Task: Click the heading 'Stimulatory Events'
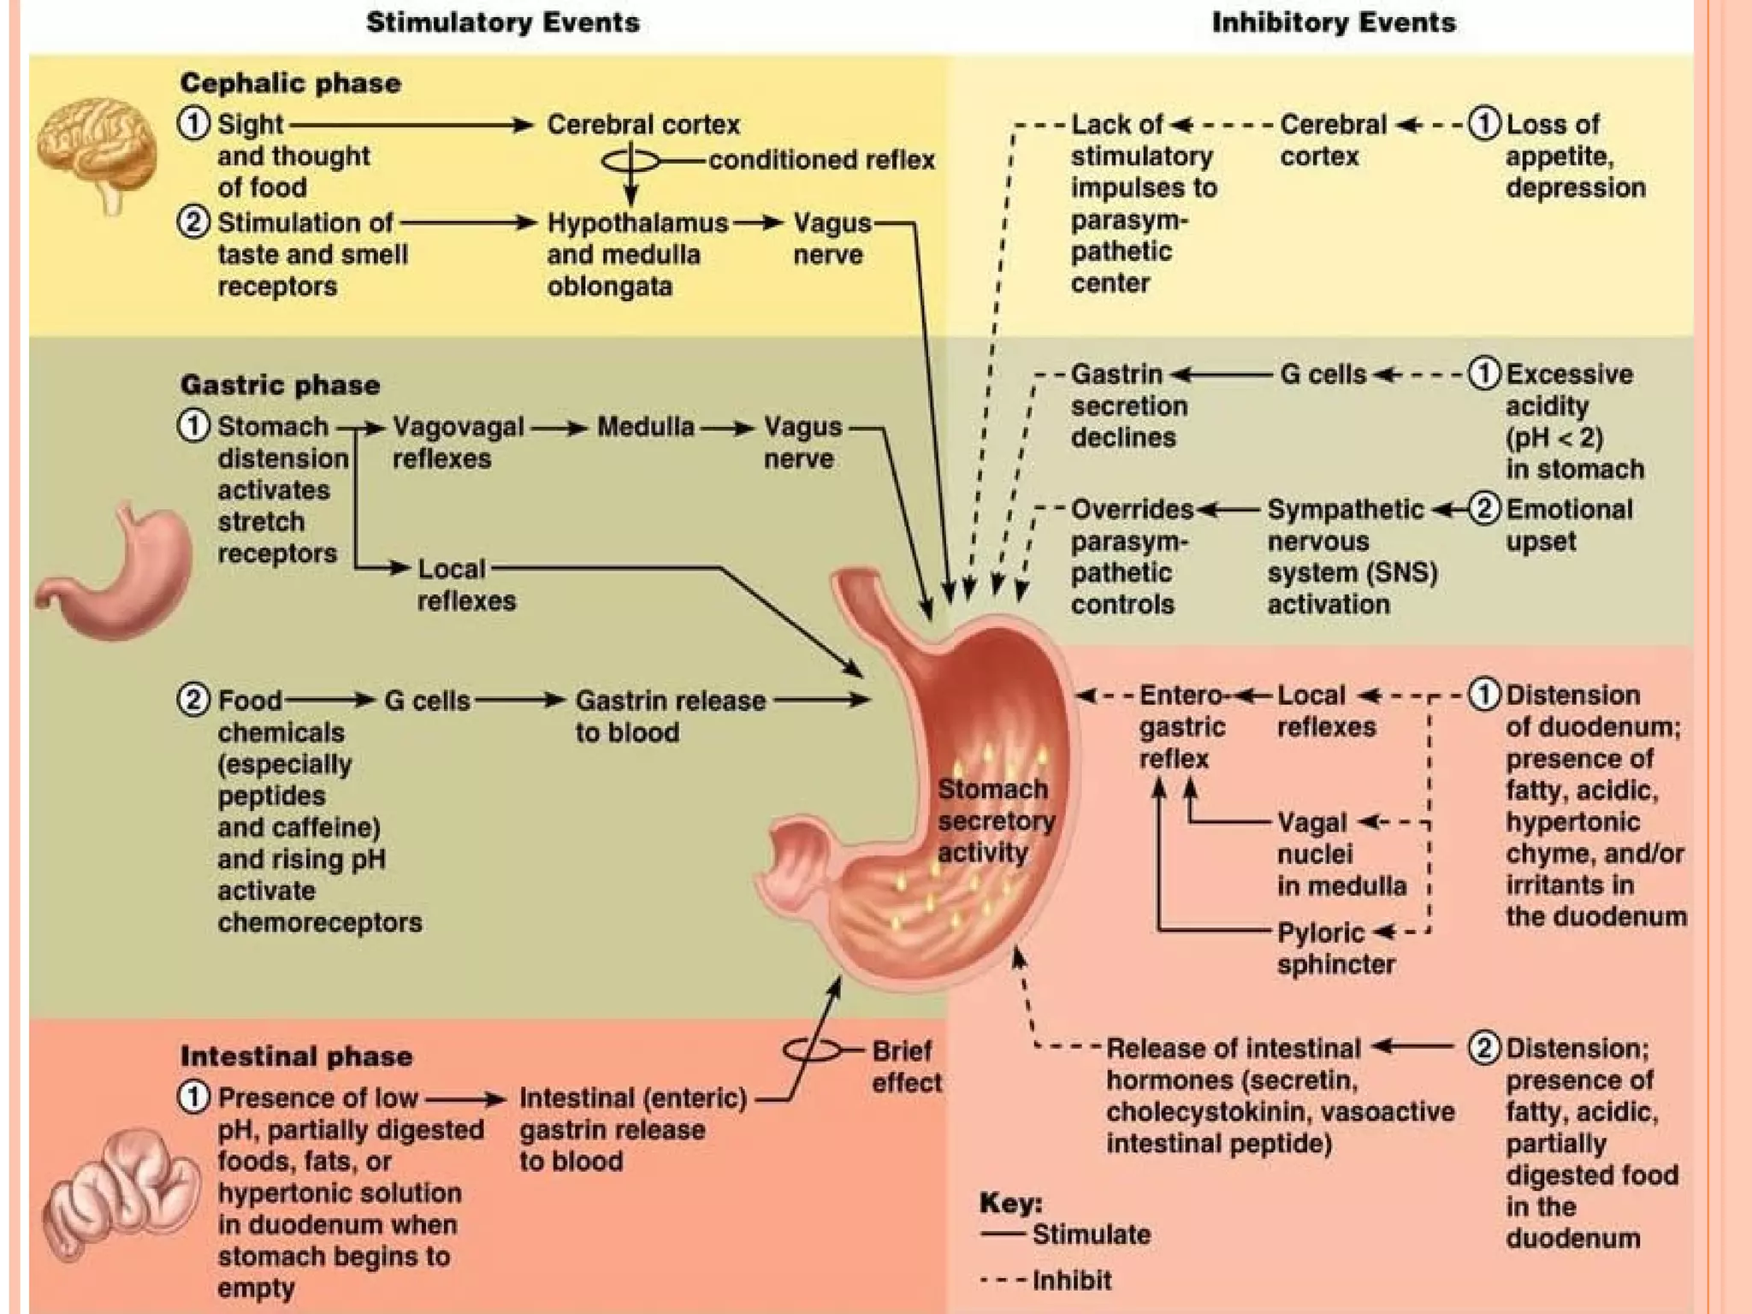point(503,22)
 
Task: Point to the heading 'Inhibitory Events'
point(1334,22)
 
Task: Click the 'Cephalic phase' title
point(291,83)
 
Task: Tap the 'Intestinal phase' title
point(296,1056)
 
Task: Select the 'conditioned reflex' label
point(821,160)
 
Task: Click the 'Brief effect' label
point(905,1066)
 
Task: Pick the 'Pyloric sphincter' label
point(1335,948)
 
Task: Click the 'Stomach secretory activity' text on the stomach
point(994,820)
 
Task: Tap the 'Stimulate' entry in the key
point(1091,1234)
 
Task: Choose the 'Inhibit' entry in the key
point(1071,1281)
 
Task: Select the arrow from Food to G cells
point(329,701)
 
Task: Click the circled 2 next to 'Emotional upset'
point(1485,509)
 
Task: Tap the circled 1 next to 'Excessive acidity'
point(1485,374)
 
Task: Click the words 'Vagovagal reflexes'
point(458,442)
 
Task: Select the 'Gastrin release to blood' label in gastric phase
point(670,716)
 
